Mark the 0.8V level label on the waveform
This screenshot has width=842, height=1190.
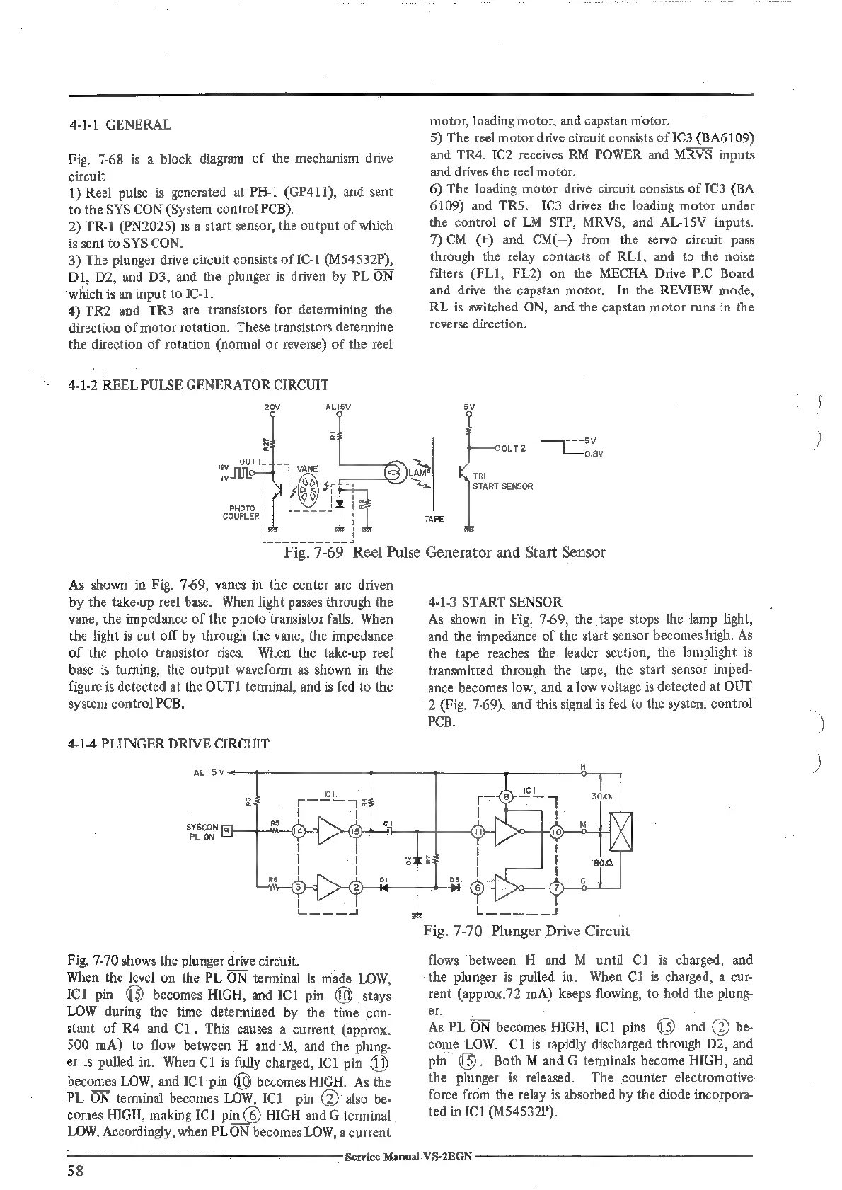[x=592, y=454]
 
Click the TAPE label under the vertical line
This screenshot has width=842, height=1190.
[x=434, y=520]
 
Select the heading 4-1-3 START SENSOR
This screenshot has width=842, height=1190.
[x=495, y=602]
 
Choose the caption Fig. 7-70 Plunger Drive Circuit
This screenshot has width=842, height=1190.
[x=527, y=930]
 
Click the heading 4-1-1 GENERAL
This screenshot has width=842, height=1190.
[x=120, y=125]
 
